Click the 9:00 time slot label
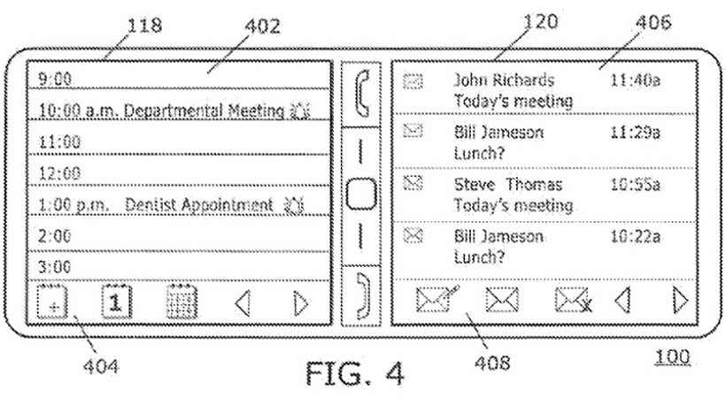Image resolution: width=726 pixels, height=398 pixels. click(x=55, y=79)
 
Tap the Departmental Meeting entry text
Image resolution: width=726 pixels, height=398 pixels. click(x=204, y=111)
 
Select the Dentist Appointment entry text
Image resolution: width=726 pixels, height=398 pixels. click(x=199, y=205)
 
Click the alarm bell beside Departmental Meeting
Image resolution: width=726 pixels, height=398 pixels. click(x=299, y=111)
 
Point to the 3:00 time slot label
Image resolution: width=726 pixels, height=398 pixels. click(x=55, y=267)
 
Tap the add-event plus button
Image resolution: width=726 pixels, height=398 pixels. click(x=52, y=302)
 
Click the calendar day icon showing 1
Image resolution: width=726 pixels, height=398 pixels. click(x=116, y=302)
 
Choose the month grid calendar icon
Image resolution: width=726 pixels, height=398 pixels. click(x=181, y=302)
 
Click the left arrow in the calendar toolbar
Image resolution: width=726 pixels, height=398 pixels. click(x=243, y=303)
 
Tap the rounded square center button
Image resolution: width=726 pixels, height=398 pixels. click(x=360, y=194)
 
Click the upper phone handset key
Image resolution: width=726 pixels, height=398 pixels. click(x=361, y=93)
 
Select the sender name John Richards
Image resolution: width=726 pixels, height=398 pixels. click(x=504, y=80)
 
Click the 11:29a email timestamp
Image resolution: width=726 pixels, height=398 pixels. click(x=635, y=133)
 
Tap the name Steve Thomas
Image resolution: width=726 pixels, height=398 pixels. click(x=508, y=185)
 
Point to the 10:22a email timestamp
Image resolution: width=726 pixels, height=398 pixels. click(x=635, y=236)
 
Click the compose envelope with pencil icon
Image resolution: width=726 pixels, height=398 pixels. click(x=437, y=299)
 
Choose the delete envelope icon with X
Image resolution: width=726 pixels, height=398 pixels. click(x=573, y=300)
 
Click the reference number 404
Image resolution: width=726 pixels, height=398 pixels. click(x=100, y=366)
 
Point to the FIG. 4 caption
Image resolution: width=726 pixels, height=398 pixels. click(x=355, y=373)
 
